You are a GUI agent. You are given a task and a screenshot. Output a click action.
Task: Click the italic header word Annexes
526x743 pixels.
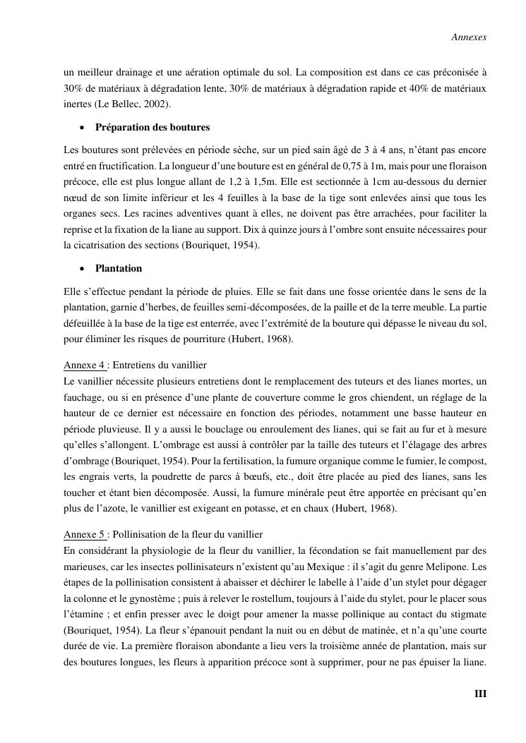coord(469,37)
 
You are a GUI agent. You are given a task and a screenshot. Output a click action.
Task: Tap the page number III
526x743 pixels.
coord(480,694)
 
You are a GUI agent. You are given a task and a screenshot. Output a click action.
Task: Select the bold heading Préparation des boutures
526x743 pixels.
coord(153,127)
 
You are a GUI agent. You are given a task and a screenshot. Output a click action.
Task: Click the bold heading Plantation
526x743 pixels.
coord(119,268)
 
